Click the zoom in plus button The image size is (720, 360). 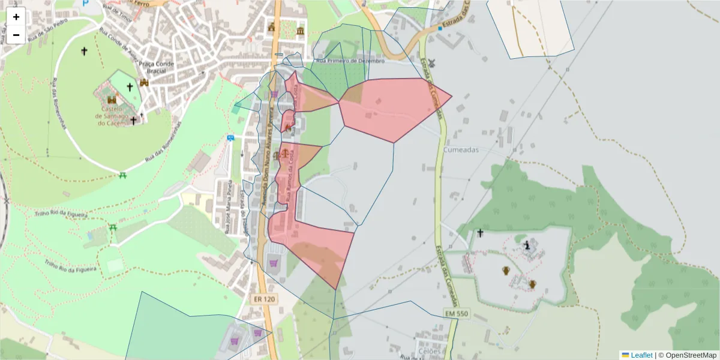click(16, 17)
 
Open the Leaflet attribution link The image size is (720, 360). click(641, 355)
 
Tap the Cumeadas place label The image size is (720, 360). click(461, 150)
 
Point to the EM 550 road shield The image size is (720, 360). click(458, 313)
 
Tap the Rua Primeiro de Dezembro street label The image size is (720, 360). click(350, 61)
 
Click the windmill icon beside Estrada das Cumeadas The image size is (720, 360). click(431, 62)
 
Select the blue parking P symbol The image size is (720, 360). click(85, 4)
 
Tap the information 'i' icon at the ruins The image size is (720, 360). click(527, 245)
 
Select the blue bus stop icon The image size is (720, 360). click(230, 138)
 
